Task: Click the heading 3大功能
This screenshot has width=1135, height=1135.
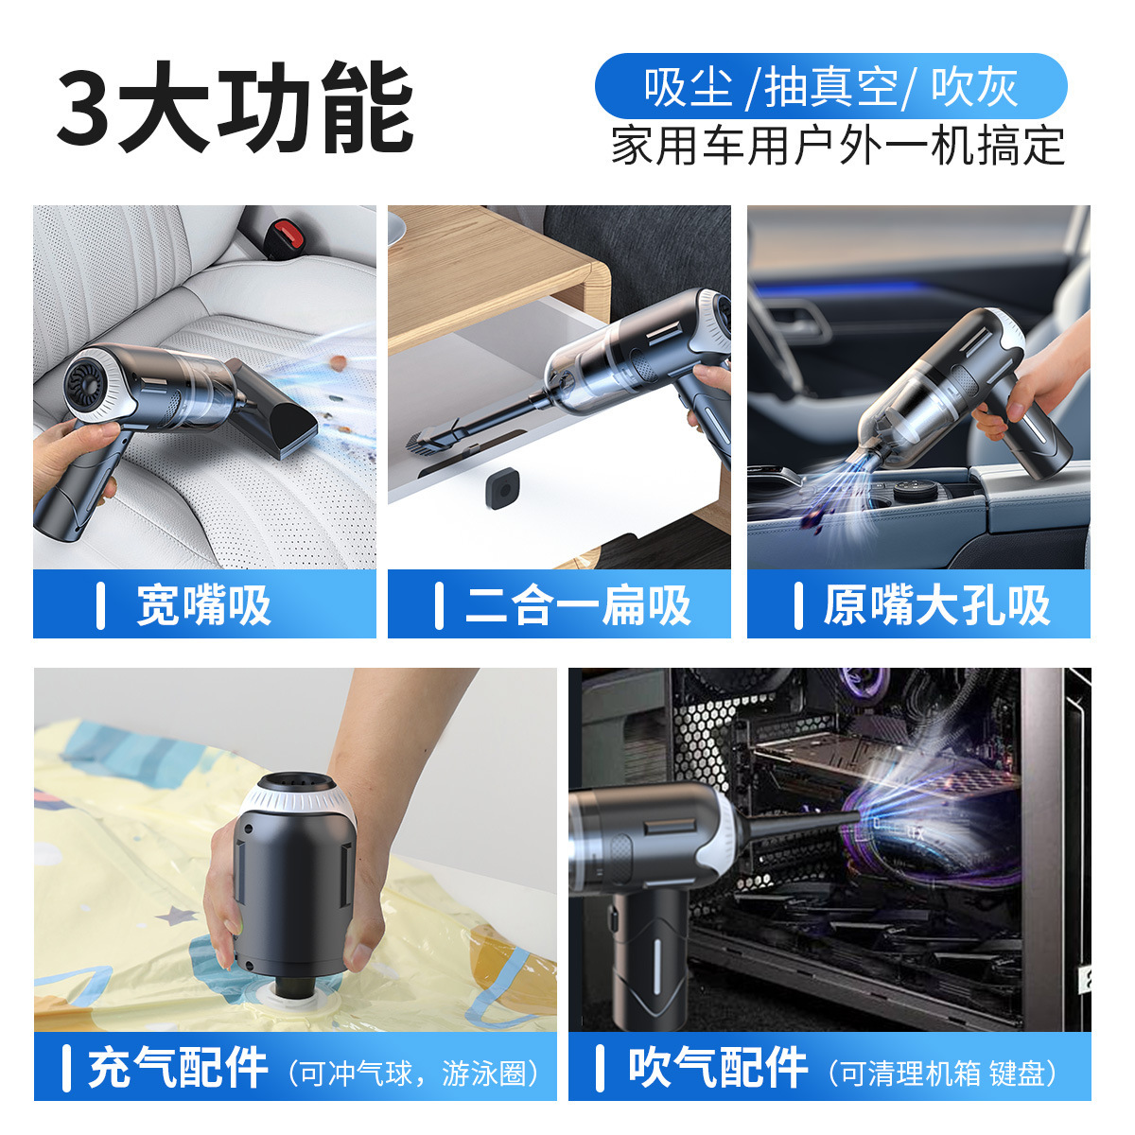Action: pos(235,109)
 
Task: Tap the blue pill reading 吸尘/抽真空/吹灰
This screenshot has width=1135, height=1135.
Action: pos(830,86)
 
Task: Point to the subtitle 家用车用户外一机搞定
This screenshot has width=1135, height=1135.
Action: pos(838,147)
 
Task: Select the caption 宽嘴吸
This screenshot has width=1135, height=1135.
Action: pos(204,605)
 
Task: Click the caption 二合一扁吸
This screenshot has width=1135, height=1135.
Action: pos(578,605)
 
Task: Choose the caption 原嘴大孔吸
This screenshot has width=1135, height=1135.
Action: pos(936,605)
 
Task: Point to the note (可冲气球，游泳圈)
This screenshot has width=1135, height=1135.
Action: pos(416,1073)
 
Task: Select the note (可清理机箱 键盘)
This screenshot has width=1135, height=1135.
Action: pos(942,1073)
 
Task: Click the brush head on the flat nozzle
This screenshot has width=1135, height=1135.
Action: pos(430,441)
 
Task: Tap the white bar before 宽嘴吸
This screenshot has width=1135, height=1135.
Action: pos(101,605)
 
